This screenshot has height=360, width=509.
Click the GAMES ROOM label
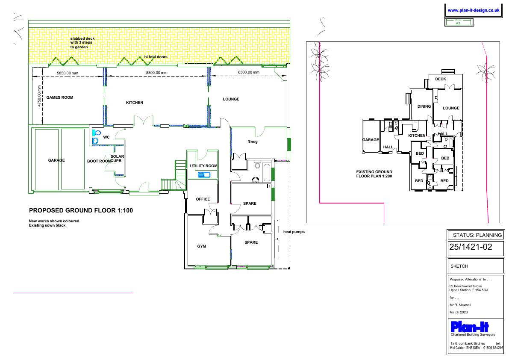(x=60, y=97)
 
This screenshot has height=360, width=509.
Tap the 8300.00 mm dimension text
(x=156, y=73)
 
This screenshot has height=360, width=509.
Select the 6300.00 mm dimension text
(x=249, y=72)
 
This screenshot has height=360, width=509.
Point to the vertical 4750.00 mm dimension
(x=39, y=96)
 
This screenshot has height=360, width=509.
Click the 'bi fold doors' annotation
(x=156, y=57)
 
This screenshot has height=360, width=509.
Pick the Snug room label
(x=253, y=142)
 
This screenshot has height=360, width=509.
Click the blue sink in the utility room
(x=204, y=175)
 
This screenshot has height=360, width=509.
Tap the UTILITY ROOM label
(x=203, y=166)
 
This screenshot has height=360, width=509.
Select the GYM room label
(x=202, y=246)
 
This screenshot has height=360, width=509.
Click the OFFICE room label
(x=203, y=199)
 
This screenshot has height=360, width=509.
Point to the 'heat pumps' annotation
(x=294, y=232)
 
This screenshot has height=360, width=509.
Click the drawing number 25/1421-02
(x=471, y=247)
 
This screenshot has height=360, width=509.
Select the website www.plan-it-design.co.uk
(x=474, y=10)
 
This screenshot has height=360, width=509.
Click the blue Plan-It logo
(x=470, y=326)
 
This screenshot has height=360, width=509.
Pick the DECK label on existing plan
(x=441, y=79)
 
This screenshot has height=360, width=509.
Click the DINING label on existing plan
(x=424, y=106)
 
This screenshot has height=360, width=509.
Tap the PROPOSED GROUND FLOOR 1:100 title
(x=81, y=210)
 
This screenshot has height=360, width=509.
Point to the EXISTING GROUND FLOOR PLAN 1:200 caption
(x=374, y=174)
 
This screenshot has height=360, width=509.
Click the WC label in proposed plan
(x=106, y=137)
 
